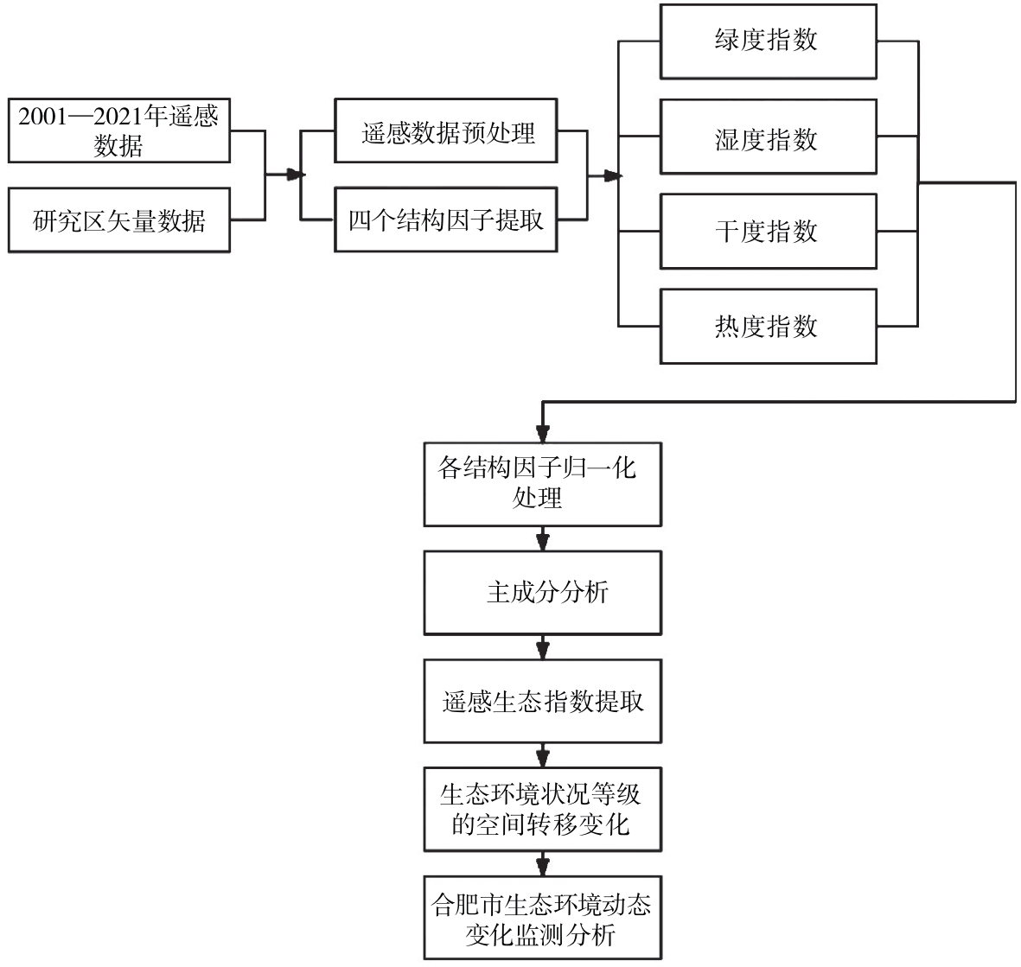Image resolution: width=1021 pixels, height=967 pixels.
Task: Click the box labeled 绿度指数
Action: [769, 41]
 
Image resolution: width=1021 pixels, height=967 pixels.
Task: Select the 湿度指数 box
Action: [769, 137]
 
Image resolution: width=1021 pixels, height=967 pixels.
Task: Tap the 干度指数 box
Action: [769, 231]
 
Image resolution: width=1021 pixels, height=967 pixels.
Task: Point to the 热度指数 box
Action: [769, 326]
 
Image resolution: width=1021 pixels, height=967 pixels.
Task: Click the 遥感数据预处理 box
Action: [446, 130]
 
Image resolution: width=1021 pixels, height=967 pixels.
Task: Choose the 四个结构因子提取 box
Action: [446, 220]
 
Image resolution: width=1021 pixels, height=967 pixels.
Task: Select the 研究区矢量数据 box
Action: [119, 220]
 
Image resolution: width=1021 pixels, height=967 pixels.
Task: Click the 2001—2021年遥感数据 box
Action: [119, 130]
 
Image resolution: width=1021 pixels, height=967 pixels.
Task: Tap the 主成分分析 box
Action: [542, 593]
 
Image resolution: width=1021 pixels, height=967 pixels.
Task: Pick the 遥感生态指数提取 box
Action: [542, 701]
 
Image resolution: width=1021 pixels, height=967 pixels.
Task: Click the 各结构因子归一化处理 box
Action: [542, 484]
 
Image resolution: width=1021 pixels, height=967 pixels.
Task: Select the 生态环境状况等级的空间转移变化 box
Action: [542, 810]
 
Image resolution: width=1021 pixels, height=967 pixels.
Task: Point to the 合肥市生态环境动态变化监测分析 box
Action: [542, 918]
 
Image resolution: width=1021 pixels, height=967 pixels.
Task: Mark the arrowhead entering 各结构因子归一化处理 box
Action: [542, 434]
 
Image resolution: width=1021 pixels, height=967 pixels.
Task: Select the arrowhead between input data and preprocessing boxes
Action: [296, 175]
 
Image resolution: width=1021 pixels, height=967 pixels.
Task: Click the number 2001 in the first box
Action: [43, 118]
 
